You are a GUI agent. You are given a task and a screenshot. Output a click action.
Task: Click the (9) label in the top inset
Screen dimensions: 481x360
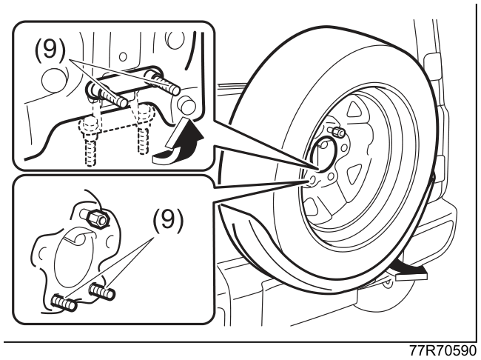(50, 49)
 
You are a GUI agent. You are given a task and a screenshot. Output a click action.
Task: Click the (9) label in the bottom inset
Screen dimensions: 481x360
(167, 219)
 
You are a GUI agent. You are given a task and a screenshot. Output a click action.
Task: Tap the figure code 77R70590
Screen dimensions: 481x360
(443, 351)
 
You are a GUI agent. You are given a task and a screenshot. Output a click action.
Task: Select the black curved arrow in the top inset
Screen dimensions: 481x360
(178, 142)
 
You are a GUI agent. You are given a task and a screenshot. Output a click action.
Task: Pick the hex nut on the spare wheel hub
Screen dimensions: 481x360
(337, 131)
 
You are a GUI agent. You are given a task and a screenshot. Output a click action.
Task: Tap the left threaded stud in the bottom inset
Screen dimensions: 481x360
(64, 302)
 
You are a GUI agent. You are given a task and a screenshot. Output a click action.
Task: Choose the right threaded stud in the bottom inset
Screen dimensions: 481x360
(102, 291)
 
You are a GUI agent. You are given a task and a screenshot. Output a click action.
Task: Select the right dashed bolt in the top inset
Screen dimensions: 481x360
(144, 129)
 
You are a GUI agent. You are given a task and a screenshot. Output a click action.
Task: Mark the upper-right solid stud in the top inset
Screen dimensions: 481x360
(163, 81)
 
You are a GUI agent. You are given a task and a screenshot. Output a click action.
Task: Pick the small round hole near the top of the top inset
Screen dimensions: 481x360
(123, 57)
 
